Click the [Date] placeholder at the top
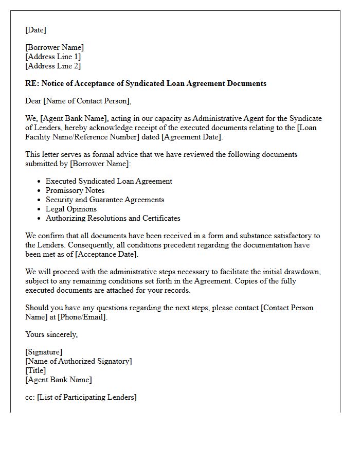[x=35, y=30]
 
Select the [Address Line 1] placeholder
[x=53, y=57]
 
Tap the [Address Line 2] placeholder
[x=53, y=66]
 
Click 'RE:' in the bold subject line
[x=32, y=83]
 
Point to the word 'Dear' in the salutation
[x=33, y=101]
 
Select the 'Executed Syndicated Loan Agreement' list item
[x=109, y=181]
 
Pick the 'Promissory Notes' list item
[x=75, y=190]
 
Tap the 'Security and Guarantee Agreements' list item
[x=105, y=200]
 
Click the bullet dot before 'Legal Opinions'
[x=39, y=209]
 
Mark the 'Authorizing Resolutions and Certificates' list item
[x=113, y=218]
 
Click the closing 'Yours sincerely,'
[x=51, y=334]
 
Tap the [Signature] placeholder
[x=44, y=352]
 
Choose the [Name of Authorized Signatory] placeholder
[x=78, y=361]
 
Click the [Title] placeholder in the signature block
[x=35, y=370]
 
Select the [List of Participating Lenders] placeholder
[x=87, y=397]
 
